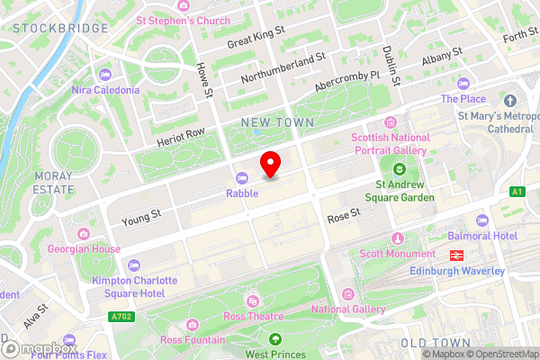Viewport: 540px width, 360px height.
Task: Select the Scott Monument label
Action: coord(398,254)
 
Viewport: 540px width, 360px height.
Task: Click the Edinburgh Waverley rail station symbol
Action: coord(457,256)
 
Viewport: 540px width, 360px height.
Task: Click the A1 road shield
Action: coord(517,191)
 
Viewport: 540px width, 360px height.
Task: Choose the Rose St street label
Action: coord(343,215)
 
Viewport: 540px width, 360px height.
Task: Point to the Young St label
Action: coord(142,215)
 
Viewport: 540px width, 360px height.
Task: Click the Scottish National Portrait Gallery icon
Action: coord(389,123)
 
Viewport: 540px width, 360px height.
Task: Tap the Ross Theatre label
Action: coord(253,316)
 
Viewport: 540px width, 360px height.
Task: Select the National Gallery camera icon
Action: coord(347,293)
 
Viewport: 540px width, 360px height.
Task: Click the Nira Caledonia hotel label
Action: coord(105,90)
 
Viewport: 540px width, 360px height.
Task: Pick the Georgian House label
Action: coord(86,248)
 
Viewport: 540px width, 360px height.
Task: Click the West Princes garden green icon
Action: coord(275,339)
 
